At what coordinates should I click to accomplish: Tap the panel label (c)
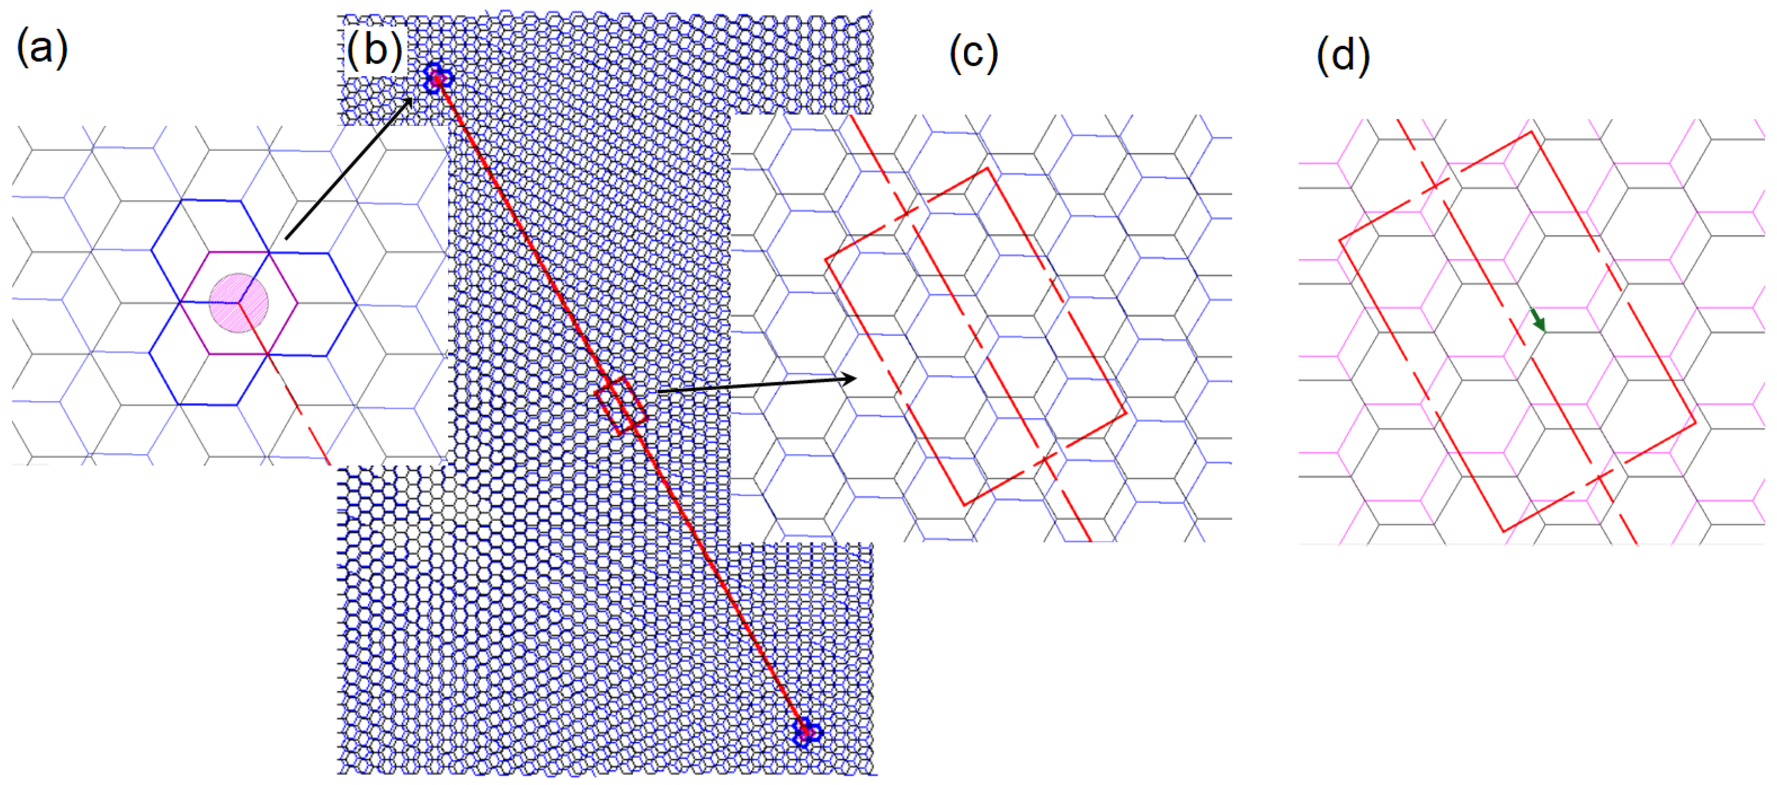coord(973,54)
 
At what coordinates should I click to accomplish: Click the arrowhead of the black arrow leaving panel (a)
coord(409,101)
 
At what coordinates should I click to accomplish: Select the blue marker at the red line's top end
coord(436,78)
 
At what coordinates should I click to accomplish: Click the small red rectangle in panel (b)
coord(621,405)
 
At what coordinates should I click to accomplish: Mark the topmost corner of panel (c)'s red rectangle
coord(987,168)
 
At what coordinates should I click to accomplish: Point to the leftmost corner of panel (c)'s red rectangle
coord(826,260)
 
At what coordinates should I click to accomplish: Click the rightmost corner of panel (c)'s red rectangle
coord(1126,413)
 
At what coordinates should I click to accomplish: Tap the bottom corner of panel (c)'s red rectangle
coord(965,505)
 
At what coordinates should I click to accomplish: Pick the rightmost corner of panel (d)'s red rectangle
coord(1695,423)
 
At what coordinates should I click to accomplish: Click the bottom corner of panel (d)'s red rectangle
coord(1504,531)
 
